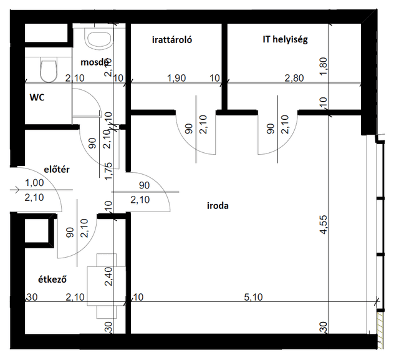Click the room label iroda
tap(218, 205)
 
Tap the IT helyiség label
tap(286, 39)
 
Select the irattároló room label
tap(172, 40)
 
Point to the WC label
tap(37, 97)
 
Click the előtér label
tap(57, 170)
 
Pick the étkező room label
tap(52, 280)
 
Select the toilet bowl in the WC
tap(49, 69)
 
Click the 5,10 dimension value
tap(253, 297)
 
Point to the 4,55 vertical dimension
tap(324, 225)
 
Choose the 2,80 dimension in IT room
tap(294, 78)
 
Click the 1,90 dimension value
tap(176, 78)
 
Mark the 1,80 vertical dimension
tap(324, 67)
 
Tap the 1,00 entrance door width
tap(34, 183)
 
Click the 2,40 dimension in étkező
tap(108, 276)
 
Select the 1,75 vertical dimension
tap(108, 171)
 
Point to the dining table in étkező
tap(107, 286)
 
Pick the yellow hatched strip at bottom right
tap(380, 331)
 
